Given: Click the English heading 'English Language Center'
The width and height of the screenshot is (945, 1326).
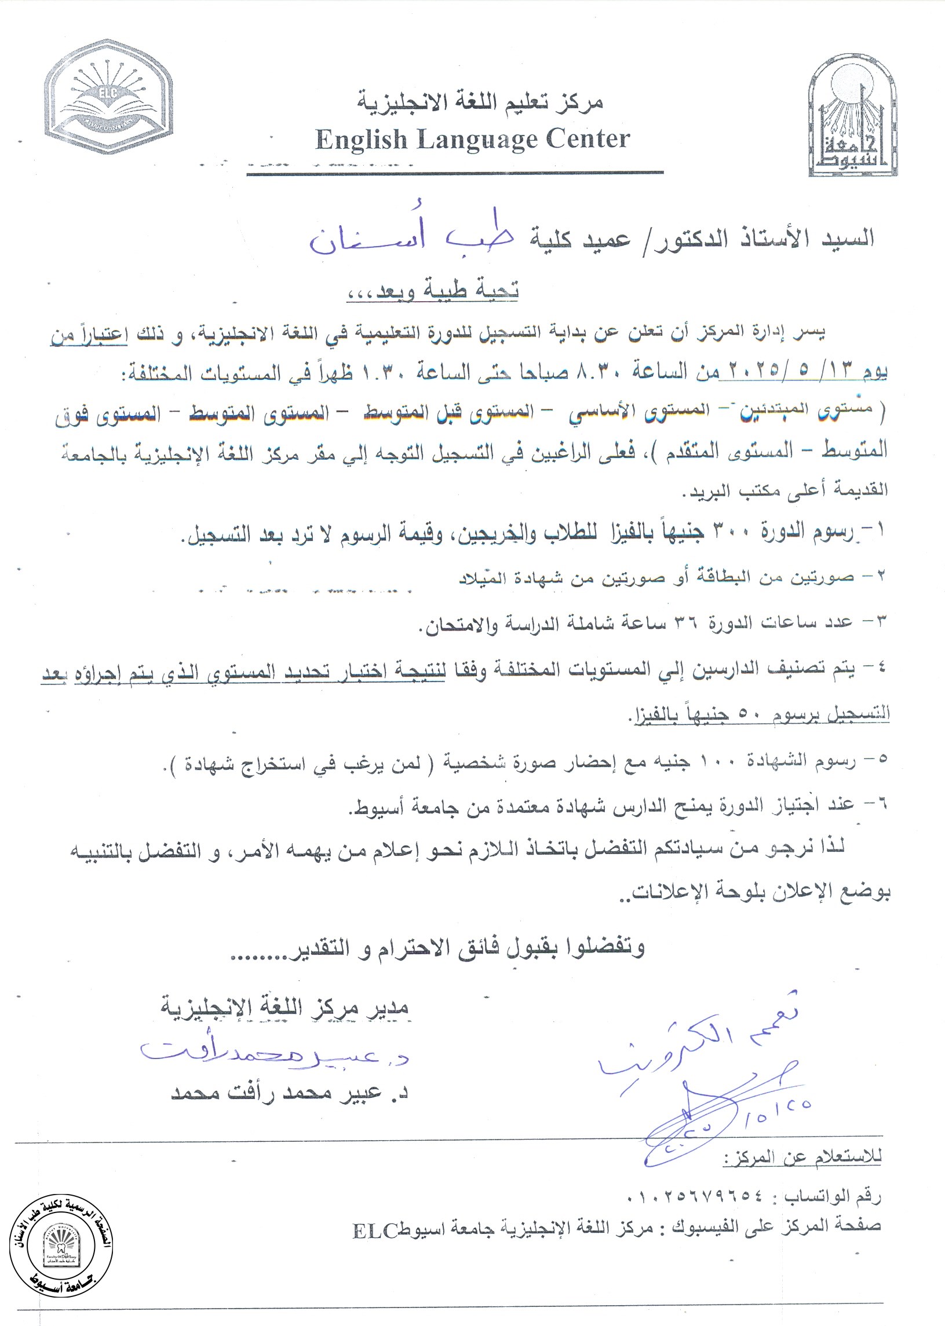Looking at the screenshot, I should click(473, 140).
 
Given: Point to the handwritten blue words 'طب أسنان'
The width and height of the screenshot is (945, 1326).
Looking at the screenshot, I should click(410, 237).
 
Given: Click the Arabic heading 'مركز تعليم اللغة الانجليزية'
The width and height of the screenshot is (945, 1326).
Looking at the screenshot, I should click(480, 102).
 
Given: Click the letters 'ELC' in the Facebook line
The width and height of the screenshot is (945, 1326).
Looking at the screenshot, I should click(374, 1226).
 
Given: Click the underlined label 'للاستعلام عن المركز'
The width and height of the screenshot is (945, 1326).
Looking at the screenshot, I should click(802, 1158).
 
